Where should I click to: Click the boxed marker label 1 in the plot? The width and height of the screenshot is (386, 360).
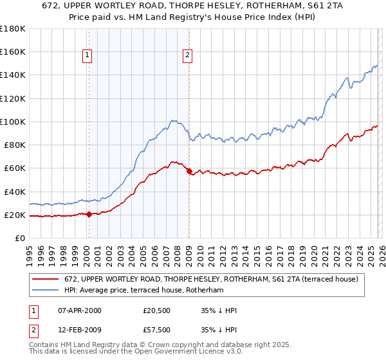coord(87,56)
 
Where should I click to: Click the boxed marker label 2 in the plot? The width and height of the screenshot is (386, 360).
coord(187,56)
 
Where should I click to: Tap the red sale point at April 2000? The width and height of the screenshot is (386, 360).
coord(89,215)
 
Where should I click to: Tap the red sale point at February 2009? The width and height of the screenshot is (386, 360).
coord(189,171)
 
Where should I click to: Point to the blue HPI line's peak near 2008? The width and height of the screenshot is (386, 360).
coord(172,120)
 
